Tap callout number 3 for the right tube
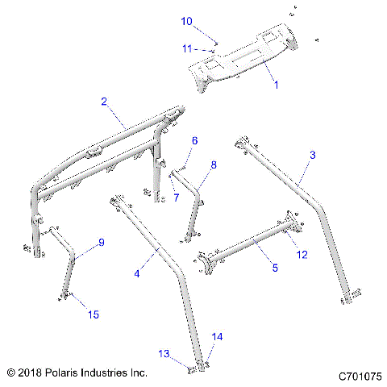[313, 154]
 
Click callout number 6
[193, 141]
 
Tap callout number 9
[102, 243]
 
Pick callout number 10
[186, 21]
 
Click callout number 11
[186, 48]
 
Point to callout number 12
[303, 255]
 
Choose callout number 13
[164, 354]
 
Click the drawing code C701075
[360, 375]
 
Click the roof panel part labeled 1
[242, 60]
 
